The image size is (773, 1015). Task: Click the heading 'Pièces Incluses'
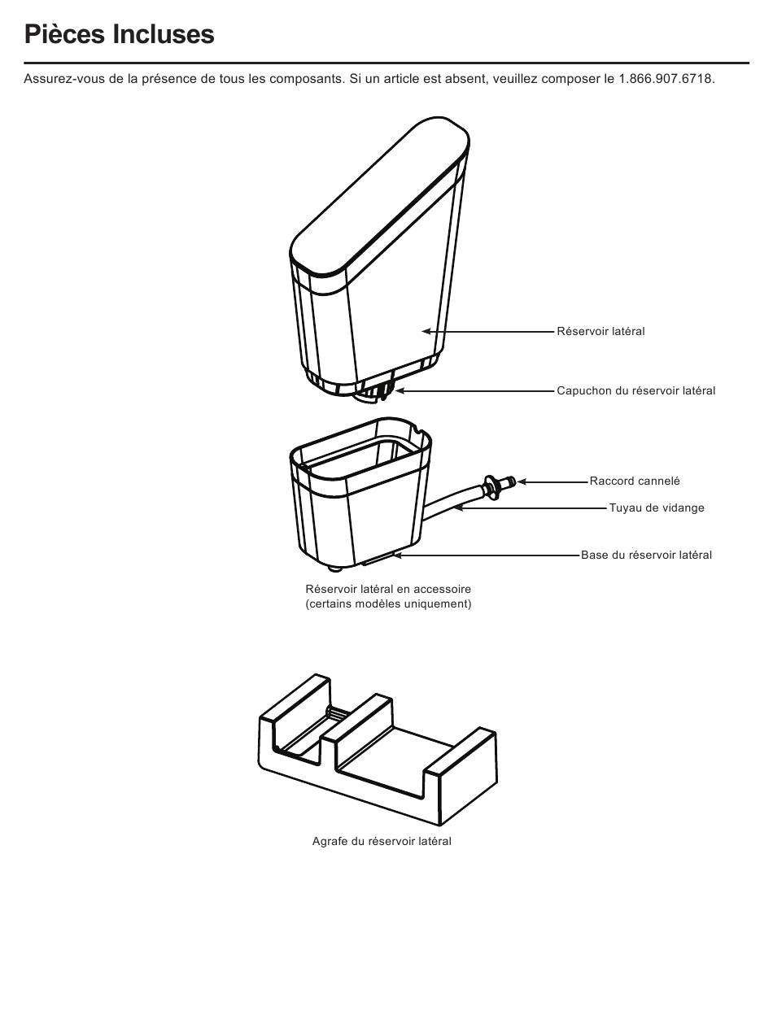(119, 34)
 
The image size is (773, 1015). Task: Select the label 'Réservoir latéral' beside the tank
(600, 331)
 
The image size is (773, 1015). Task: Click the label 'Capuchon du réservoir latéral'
(635, 390)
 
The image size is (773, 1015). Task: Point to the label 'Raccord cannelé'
(635, 481)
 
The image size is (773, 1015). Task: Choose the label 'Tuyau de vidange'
(657, 507)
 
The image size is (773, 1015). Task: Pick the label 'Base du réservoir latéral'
(646, 555)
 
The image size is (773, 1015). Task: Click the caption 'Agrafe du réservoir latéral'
(382, 841)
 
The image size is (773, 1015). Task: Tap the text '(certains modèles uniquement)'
(388, 603)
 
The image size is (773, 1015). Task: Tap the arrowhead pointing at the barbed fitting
(522, 481)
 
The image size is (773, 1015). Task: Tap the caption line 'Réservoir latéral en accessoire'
(388, 589)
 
